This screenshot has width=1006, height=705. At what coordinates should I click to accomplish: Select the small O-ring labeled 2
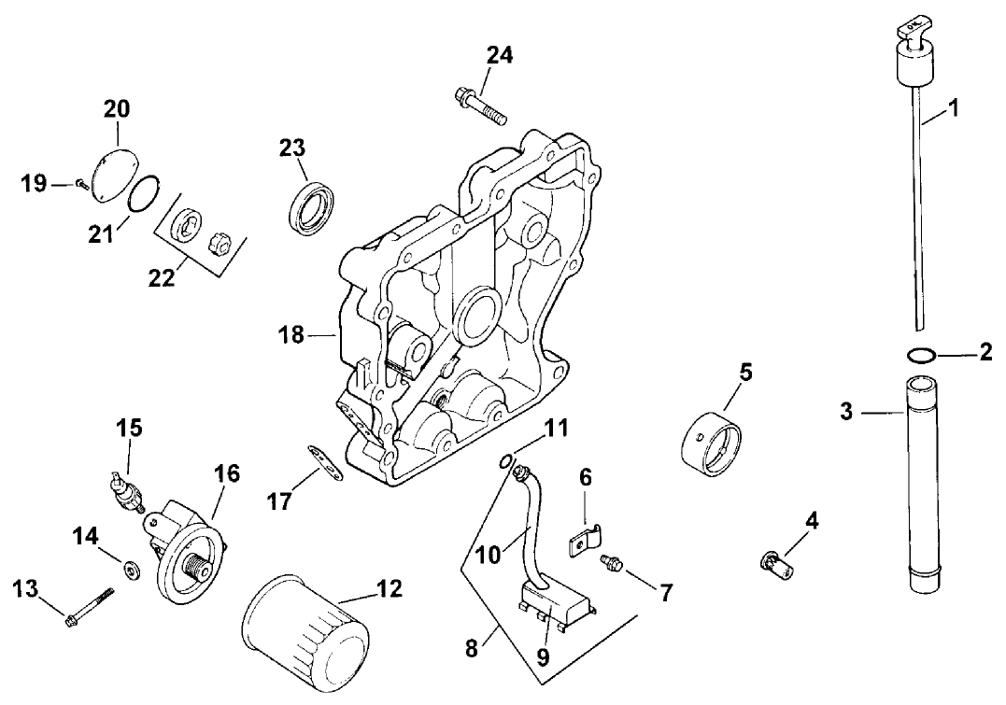click(x=920, y=354)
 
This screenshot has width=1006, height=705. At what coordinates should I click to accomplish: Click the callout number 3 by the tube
click(x=846, y=411)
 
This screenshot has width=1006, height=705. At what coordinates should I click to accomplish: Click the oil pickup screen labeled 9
click(x=556, y=602)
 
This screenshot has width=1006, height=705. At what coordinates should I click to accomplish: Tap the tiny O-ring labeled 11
click(x=504, y=458)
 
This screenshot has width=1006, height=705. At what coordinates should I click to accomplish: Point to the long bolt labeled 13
click(x=90, y=604)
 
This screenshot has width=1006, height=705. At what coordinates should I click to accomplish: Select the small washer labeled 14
click(x=129, y=565)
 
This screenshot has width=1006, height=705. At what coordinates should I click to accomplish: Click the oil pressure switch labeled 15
click(x=124, y=492)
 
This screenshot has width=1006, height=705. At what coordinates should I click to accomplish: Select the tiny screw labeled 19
click(x=81, y=185)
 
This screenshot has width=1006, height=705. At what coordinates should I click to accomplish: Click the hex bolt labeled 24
click(x=480, y=106)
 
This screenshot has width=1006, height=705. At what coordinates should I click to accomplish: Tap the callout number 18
click(x=291, y=333)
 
